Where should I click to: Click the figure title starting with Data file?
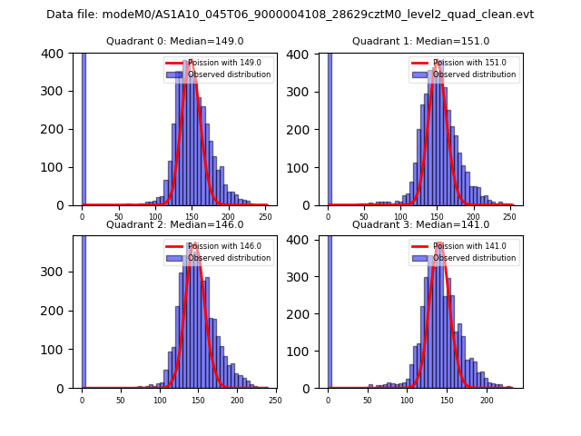[290, 15]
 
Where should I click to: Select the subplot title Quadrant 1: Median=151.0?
[420, 41]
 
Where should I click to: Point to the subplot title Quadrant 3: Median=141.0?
[420, 224]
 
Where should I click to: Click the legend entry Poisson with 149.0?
[212, 63]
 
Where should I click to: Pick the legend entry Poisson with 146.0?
[212, 246]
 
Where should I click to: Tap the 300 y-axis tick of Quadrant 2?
[56, 272]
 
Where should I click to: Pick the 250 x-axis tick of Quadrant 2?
[275, 399]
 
